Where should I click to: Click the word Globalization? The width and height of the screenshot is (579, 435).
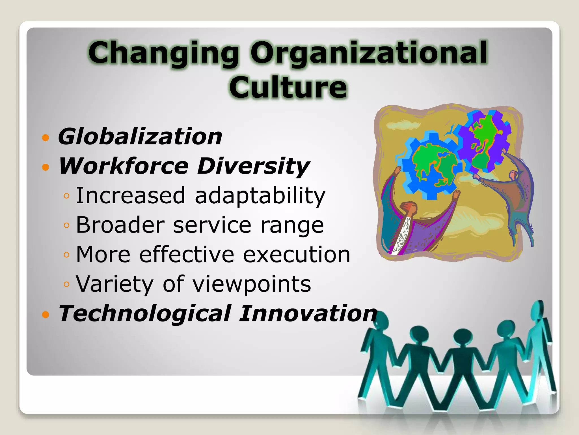tap(140, 137)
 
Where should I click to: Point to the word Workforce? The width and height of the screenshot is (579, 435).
tap(124, 166)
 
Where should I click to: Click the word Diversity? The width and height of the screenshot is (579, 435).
tap(253, 167)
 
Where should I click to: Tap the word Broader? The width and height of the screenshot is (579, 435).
tap(120, 225)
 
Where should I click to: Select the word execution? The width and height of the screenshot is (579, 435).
tap(297, 254)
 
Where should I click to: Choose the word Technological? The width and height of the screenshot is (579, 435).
tap(145, 314)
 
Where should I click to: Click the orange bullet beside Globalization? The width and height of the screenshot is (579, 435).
tap(46, 138)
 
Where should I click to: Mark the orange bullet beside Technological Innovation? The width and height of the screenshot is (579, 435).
tap(46, 314)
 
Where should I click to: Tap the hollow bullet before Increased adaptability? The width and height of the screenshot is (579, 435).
tap(67, 196)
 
